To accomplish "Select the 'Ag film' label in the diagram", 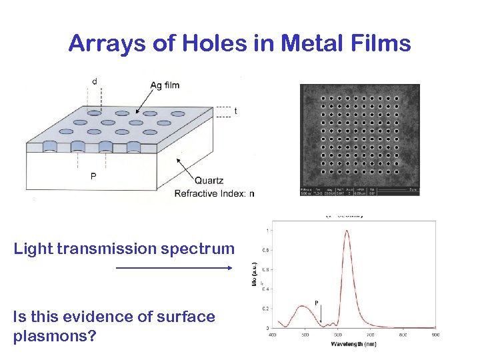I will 165,85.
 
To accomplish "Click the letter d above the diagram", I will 94,81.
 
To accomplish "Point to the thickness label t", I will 235,111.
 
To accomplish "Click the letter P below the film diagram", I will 93,177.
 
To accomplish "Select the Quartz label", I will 209,180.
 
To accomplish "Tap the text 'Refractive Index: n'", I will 214,194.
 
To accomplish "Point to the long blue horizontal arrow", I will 173,268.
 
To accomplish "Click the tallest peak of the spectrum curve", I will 347,232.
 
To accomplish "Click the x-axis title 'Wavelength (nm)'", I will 353,343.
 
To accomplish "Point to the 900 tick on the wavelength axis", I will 435,335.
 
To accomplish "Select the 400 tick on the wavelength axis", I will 272,335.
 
